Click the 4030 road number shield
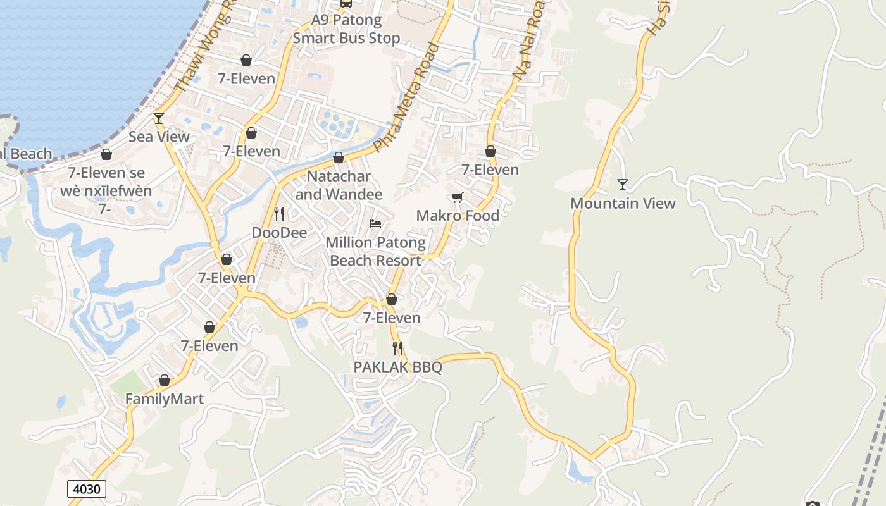click(x=86, y=489)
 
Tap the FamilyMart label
click(x=165, y=399)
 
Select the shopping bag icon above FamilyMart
click(x=165, y=381)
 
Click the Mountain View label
click(x=623, y=203)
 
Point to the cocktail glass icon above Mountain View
click(x=623, y=185)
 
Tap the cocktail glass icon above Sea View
click(x=159, y=118)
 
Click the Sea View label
click(x=159, y=137)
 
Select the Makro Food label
click(x=458, y=216)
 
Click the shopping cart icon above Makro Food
click(x=458, y=197)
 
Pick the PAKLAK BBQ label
click(x=397, y=367)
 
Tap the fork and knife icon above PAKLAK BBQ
click(x=397, y=348)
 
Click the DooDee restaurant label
click(x=279, y=233)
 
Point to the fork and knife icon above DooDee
click(x=279, y=214)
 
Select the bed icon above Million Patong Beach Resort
click(x=375, y=224)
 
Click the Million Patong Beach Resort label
click(x=376, y=251)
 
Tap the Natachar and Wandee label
click(x=339, y=185)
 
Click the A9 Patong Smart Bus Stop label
click(x=347, y=29)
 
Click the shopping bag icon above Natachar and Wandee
click(x=339, y=157)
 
